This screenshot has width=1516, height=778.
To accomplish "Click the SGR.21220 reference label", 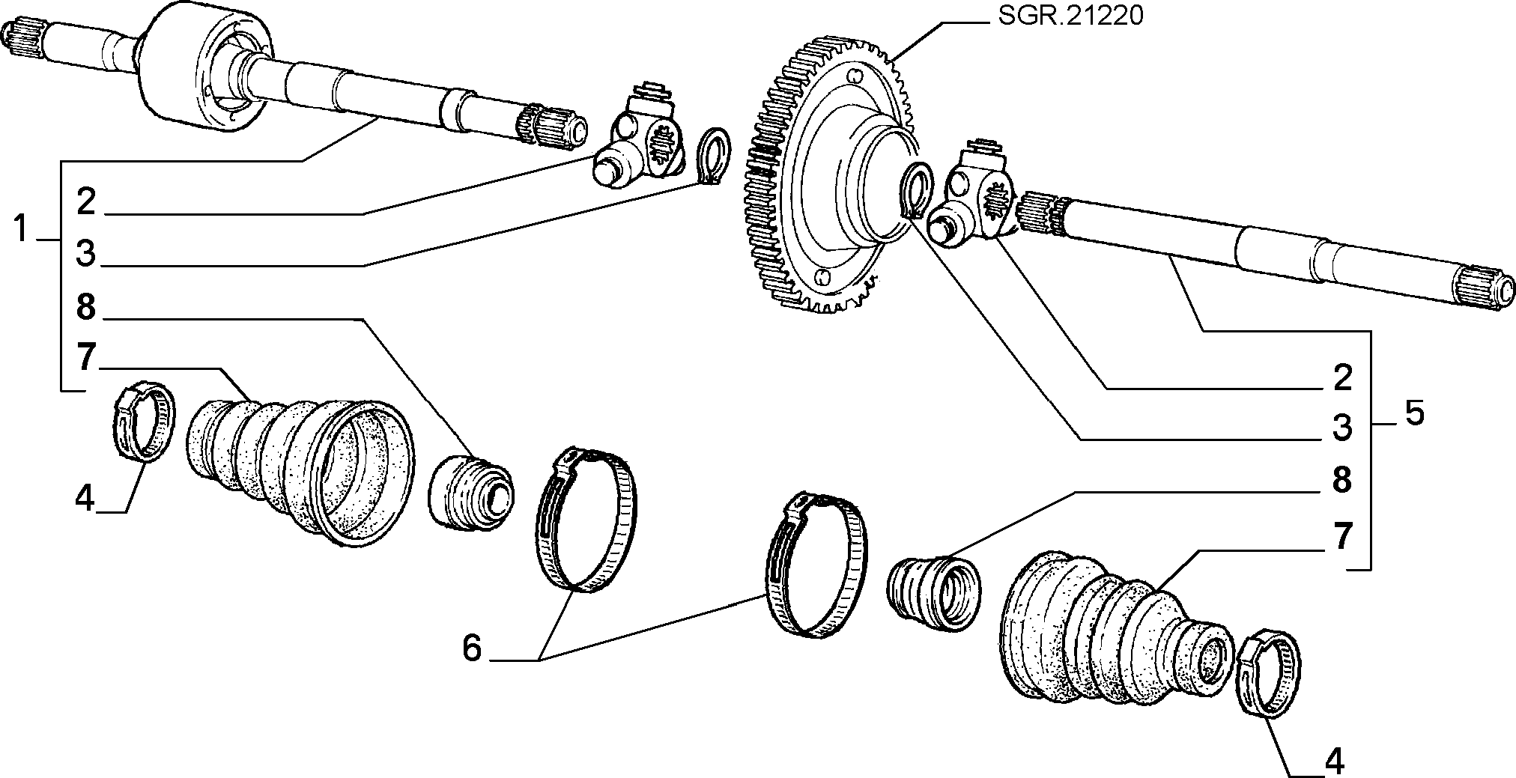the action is (1070, 16).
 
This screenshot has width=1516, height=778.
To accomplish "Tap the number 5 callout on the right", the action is (1413, 413).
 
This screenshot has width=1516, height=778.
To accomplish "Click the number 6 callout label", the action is (472, 648).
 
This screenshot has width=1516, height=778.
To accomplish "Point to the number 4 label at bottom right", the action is (1334, 762).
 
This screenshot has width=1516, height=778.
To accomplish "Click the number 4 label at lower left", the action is (85, 497).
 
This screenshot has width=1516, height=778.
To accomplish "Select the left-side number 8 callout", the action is (86, 306).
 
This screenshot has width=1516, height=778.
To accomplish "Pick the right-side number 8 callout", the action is (1341, 479).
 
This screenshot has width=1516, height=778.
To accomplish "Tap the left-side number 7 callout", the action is (86, 357).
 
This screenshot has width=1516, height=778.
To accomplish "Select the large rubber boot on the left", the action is (300, 472).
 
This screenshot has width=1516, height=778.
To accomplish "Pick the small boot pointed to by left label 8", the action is (470, 490).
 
